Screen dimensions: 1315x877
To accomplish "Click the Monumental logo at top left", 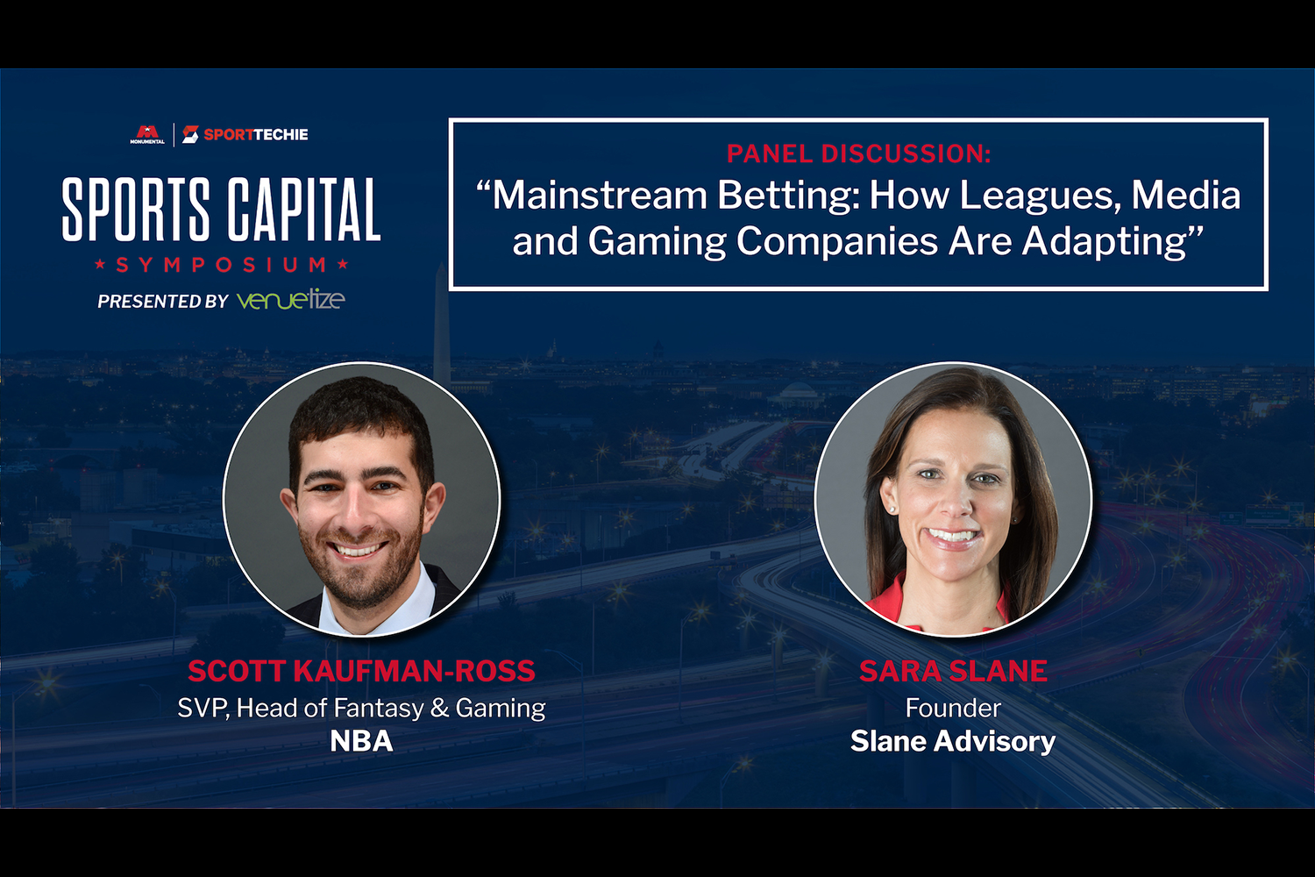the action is coord(147,134).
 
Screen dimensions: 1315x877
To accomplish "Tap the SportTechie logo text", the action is coord(255,134).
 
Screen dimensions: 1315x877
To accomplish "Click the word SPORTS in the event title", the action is coord(136,210).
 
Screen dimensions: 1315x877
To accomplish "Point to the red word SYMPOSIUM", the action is coord(221,265).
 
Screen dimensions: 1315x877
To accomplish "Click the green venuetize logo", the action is coord(290,300).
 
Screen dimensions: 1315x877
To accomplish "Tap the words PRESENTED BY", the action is coord(162,302).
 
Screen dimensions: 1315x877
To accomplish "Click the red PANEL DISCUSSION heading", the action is coord(859,153).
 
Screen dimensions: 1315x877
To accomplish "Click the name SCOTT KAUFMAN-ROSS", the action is coord(361,671).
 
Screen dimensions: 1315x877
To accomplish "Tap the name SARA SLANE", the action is coord(954,671).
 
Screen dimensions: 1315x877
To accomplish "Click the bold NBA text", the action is coord(361,741).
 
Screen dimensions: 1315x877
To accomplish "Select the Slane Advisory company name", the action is coord(954,741).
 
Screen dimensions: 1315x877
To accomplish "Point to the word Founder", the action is coord(954,708).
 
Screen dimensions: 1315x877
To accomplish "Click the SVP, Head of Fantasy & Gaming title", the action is coord(361,709).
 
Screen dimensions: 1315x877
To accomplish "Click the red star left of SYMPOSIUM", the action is coord(100,264).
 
